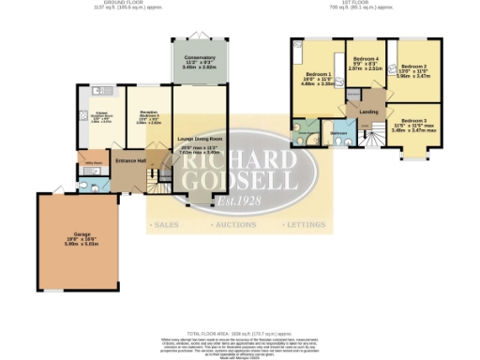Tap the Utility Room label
click(93, 163)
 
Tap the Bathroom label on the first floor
click(338, 134)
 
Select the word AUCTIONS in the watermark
click(242, 226)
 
